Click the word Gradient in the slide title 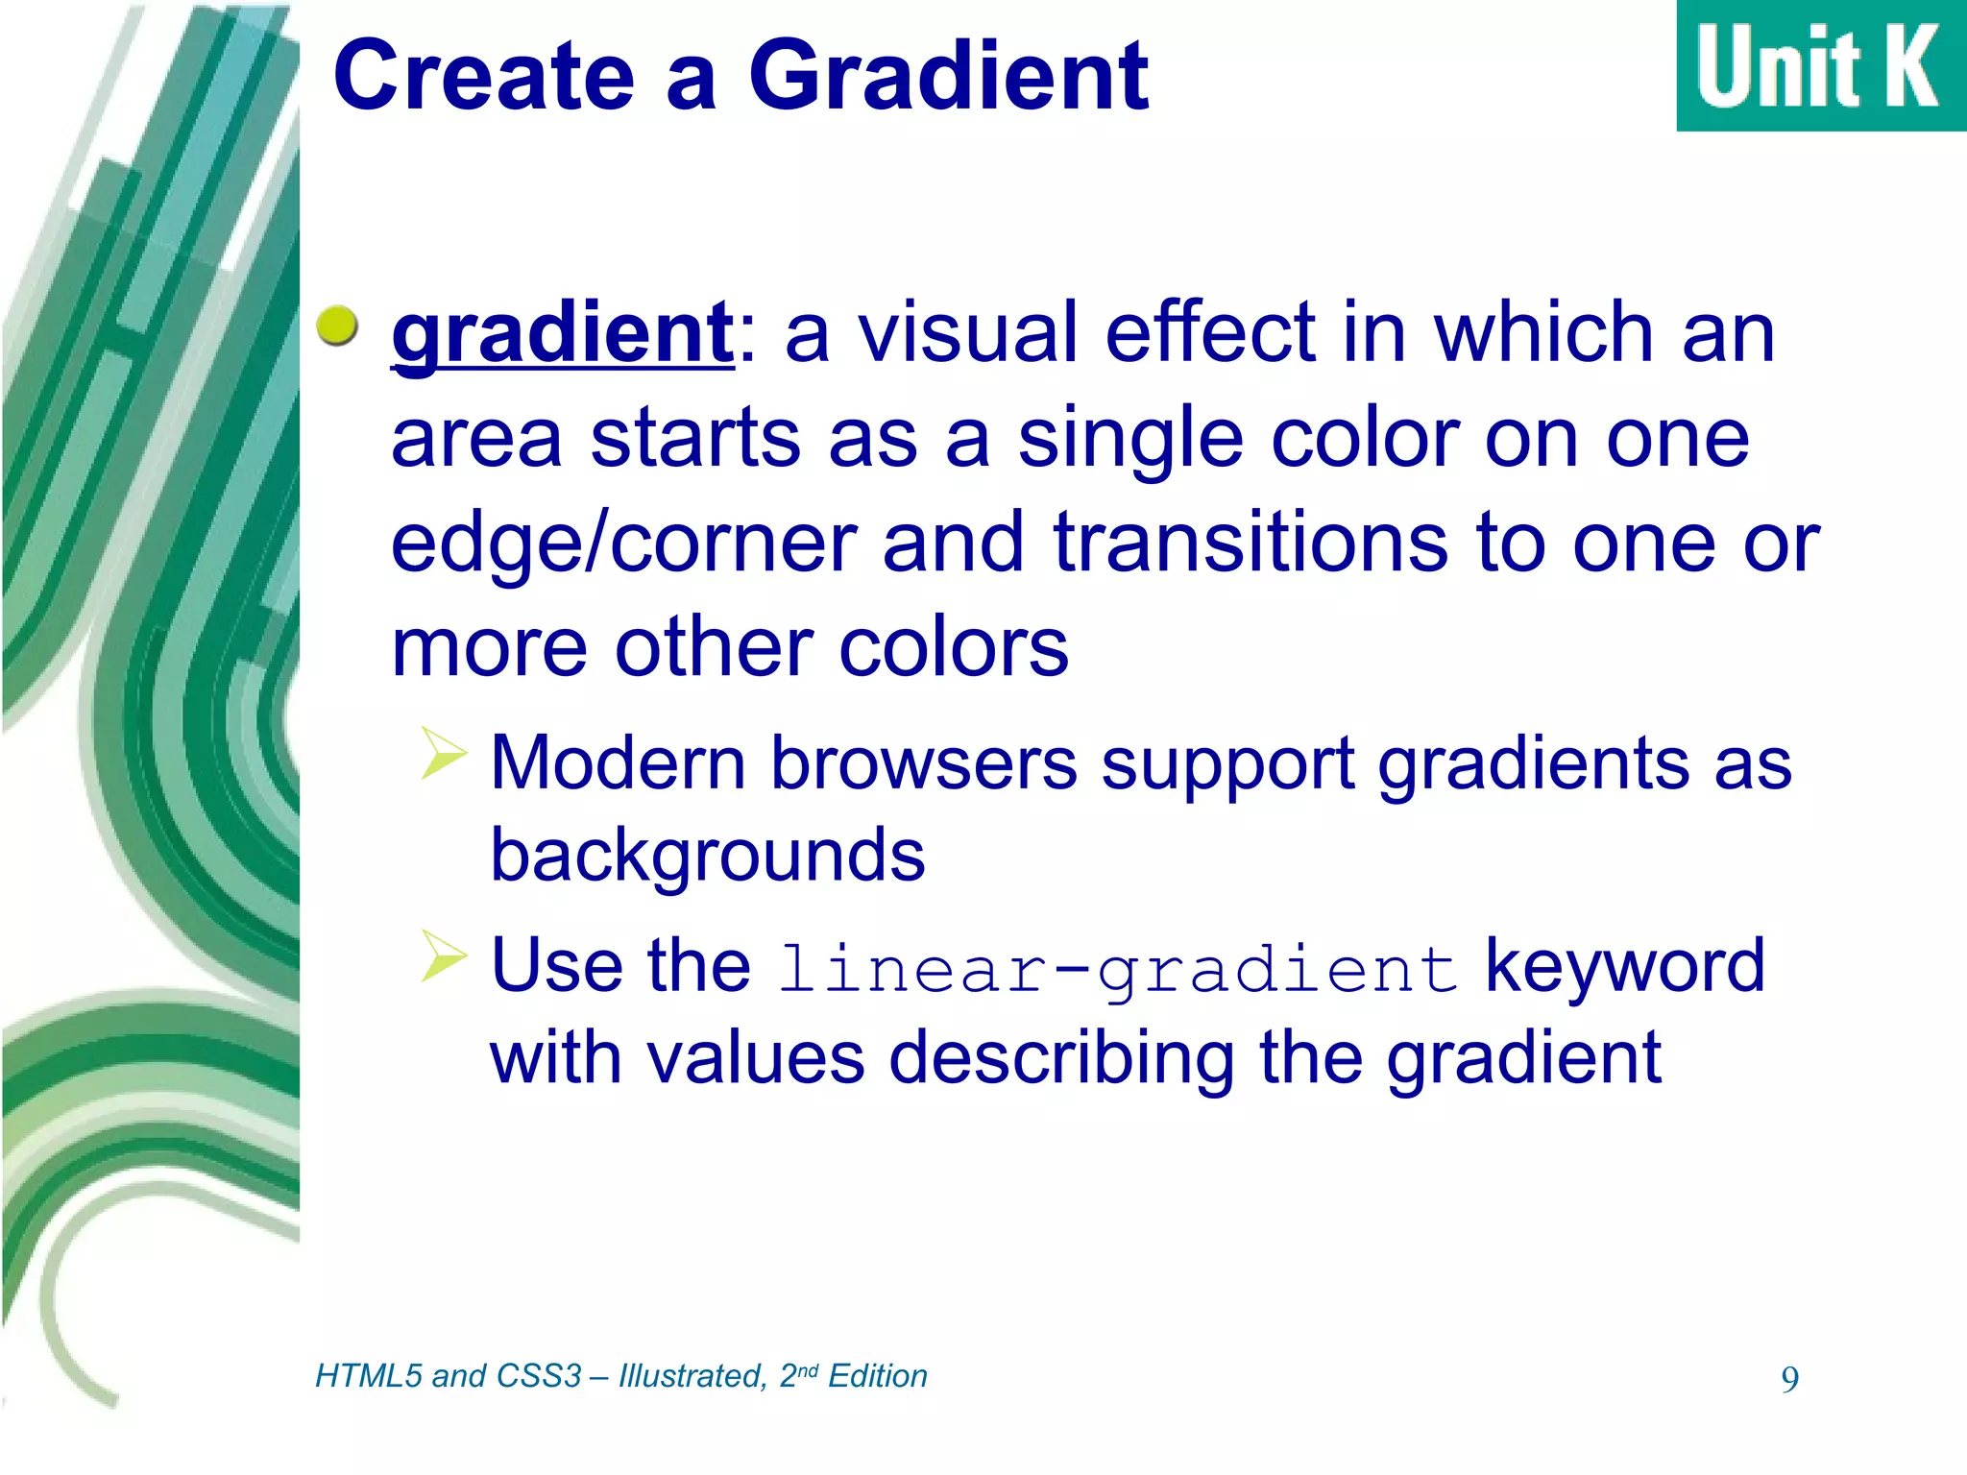[x=948, y=77]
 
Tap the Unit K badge [x=1819, y=65]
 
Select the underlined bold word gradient [x=563, y=333]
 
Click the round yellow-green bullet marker [x=337, y=326]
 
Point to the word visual [x=973, y=333]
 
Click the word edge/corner [x=624, y=544]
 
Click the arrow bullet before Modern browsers [x=443, y=754]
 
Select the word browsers [x=924, y=764]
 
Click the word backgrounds [x=708, y=856]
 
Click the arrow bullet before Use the [x=443, y=956]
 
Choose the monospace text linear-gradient [x=1118, y=970]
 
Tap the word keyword [x=1625, y=966]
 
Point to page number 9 [x=1789, y=1380]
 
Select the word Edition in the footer [x=877, y=1376]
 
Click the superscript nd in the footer [x=808, y=1370]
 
